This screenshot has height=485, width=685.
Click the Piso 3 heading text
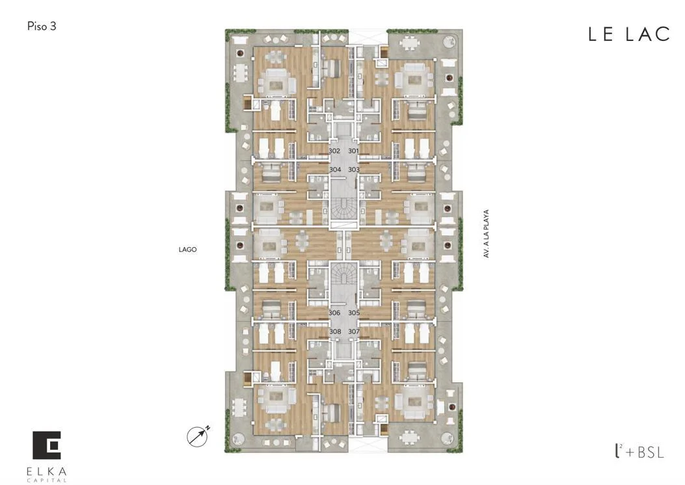[x=42, y=26]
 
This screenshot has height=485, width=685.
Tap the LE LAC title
[x=629, y=34]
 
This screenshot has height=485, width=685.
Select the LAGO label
[x=187, y=250]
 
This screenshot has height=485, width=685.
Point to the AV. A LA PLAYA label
[x=486, y=233]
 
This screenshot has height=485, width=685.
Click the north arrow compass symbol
[x=198, y=436]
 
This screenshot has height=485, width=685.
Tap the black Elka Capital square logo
[x=47, y=445]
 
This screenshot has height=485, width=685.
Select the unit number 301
[x=353, y=151]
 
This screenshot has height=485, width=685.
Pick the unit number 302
[x=334, y=151]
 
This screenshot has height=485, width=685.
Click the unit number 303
[x=354, y=170]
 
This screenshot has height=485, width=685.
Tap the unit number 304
[x=335, y=170]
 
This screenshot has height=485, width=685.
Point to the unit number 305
[x=354, y=313]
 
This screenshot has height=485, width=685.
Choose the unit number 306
[x=334, y=313]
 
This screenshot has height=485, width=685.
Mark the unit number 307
[x=354, y=332]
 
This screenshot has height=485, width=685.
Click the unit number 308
[x=335, y=332]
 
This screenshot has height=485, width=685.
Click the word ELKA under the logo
[x=47, y=471]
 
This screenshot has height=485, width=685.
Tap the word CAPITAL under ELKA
[x=47, y=480]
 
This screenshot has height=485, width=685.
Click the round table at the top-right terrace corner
[x=450, y=42]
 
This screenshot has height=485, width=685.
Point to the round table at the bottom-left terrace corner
[x=238, y=439]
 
